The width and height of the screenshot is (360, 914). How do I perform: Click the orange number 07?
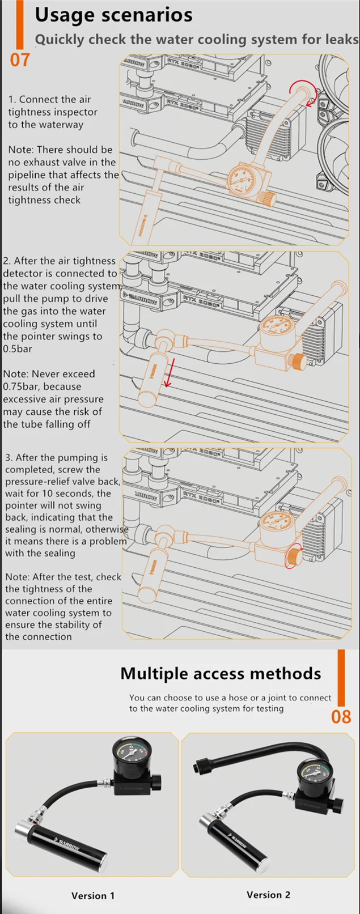[x=20, y=59]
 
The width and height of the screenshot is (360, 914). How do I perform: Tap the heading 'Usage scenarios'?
[x=113, y=15]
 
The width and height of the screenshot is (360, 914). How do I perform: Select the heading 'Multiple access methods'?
[x=221, y=673]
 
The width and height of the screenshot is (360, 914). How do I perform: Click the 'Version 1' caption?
[x=92, y=896]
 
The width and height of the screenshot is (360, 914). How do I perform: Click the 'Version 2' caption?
[x=268, y=895]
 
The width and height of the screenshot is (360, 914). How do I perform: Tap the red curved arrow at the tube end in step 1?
[x=303, y=93]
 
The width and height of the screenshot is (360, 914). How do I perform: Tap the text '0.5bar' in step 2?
[x=18, y=349]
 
